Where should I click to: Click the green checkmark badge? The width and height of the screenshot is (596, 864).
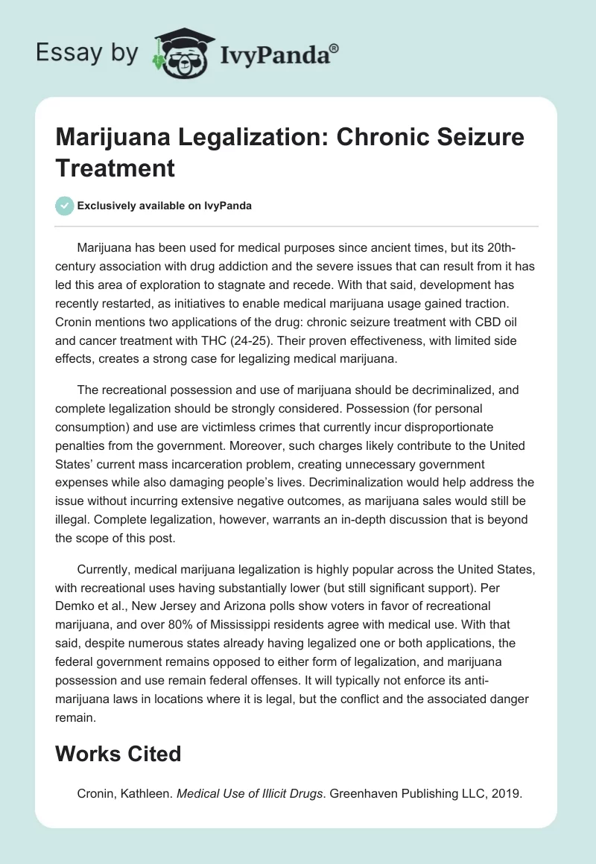click(65, 206)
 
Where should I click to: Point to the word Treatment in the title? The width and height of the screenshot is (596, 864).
click(115, 168)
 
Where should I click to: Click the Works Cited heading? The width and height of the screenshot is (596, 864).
click(118, 753)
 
